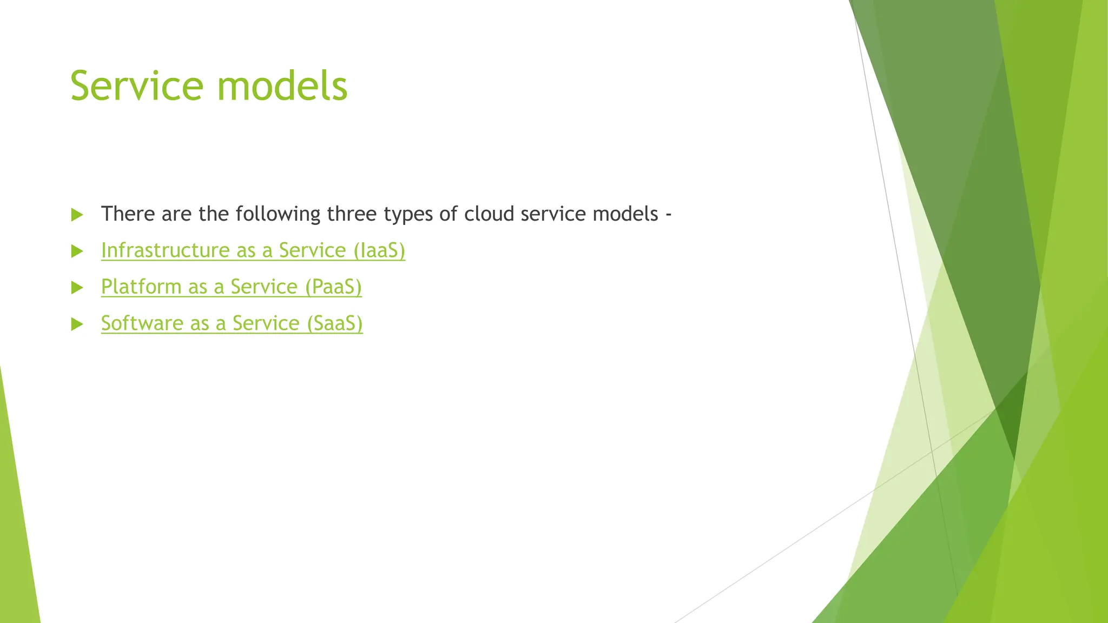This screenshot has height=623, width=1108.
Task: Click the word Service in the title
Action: (x=137, y=86)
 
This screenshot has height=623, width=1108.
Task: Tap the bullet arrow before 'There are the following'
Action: (x=77, y=215)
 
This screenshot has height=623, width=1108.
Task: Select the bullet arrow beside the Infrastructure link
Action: (x=77, y=251)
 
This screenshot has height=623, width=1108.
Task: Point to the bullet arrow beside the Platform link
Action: (x=77, y=287)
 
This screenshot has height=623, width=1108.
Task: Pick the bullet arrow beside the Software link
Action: (x=77, y=324)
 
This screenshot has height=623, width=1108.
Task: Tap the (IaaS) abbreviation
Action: (x=379, y=250)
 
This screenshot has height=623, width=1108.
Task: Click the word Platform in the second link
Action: (x=141, y=287)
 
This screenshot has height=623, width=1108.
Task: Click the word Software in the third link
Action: (x=142, y=323)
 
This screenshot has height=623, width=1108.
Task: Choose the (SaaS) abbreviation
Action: (x=335, y=323)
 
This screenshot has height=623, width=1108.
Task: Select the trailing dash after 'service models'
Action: (x=669, y=215)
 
